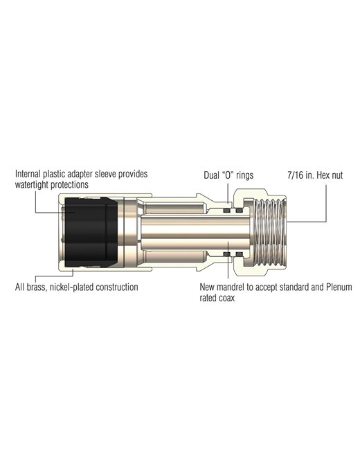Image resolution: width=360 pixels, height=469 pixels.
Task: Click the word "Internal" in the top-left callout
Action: (x=28, y=174)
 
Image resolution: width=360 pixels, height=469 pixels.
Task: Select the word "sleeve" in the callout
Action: (x=106, y=174)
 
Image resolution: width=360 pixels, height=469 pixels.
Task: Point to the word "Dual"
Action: (x=211, y=175)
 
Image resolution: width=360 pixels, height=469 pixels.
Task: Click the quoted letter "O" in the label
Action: (x=228, y=175)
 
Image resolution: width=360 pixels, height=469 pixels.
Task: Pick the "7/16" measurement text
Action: (x=296, y=175)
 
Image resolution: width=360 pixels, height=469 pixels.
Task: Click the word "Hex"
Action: (x=323, y=175)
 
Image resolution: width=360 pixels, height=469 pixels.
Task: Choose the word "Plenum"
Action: (x=339, y=287)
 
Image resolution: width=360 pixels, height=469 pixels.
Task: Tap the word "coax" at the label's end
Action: (x=226, y=298)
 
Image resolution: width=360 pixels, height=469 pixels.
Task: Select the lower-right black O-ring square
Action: (x=239, y=254)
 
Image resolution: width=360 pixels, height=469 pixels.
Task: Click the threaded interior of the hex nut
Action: (x=270, y=232)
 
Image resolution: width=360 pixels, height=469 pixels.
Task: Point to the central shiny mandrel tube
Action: (x=195, y=232)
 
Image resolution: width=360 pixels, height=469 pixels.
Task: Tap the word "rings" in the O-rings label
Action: (x=244, y=175)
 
